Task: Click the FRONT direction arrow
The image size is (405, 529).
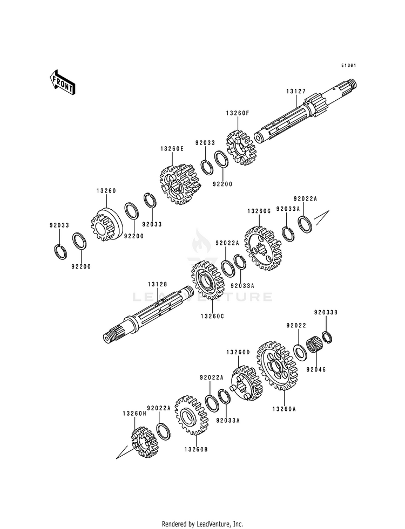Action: point(63,82)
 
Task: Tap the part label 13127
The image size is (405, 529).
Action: point(296,92)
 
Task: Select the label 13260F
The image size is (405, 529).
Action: point(237,113)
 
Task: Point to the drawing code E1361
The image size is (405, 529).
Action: point(348,66)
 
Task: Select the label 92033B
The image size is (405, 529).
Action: point(326,312)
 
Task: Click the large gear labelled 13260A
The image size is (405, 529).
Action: point(276,365)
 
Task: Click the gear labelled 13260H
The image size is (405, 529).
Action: point(143,442)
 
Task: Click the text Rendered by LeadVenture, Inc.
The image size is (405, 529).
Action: point(202,524)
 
